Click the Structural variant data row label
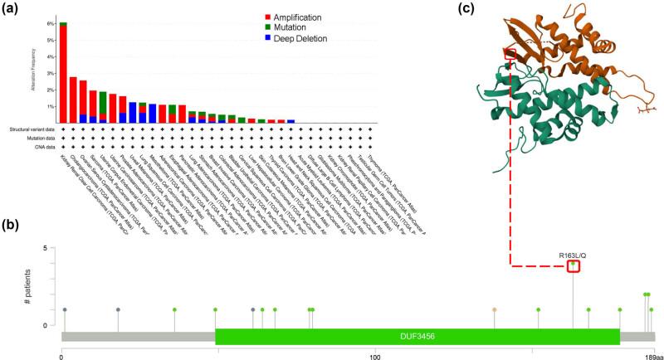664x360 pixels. (x=29, y=129)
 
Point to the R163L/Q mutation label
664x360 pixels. (x=573, y=255)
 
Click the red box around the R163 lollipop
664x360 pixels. (x=573, y=266)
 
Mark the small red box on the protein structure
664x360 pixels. (x=510, y=54)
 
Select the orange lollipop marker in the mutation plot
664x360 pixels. (x=495, y=309)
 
